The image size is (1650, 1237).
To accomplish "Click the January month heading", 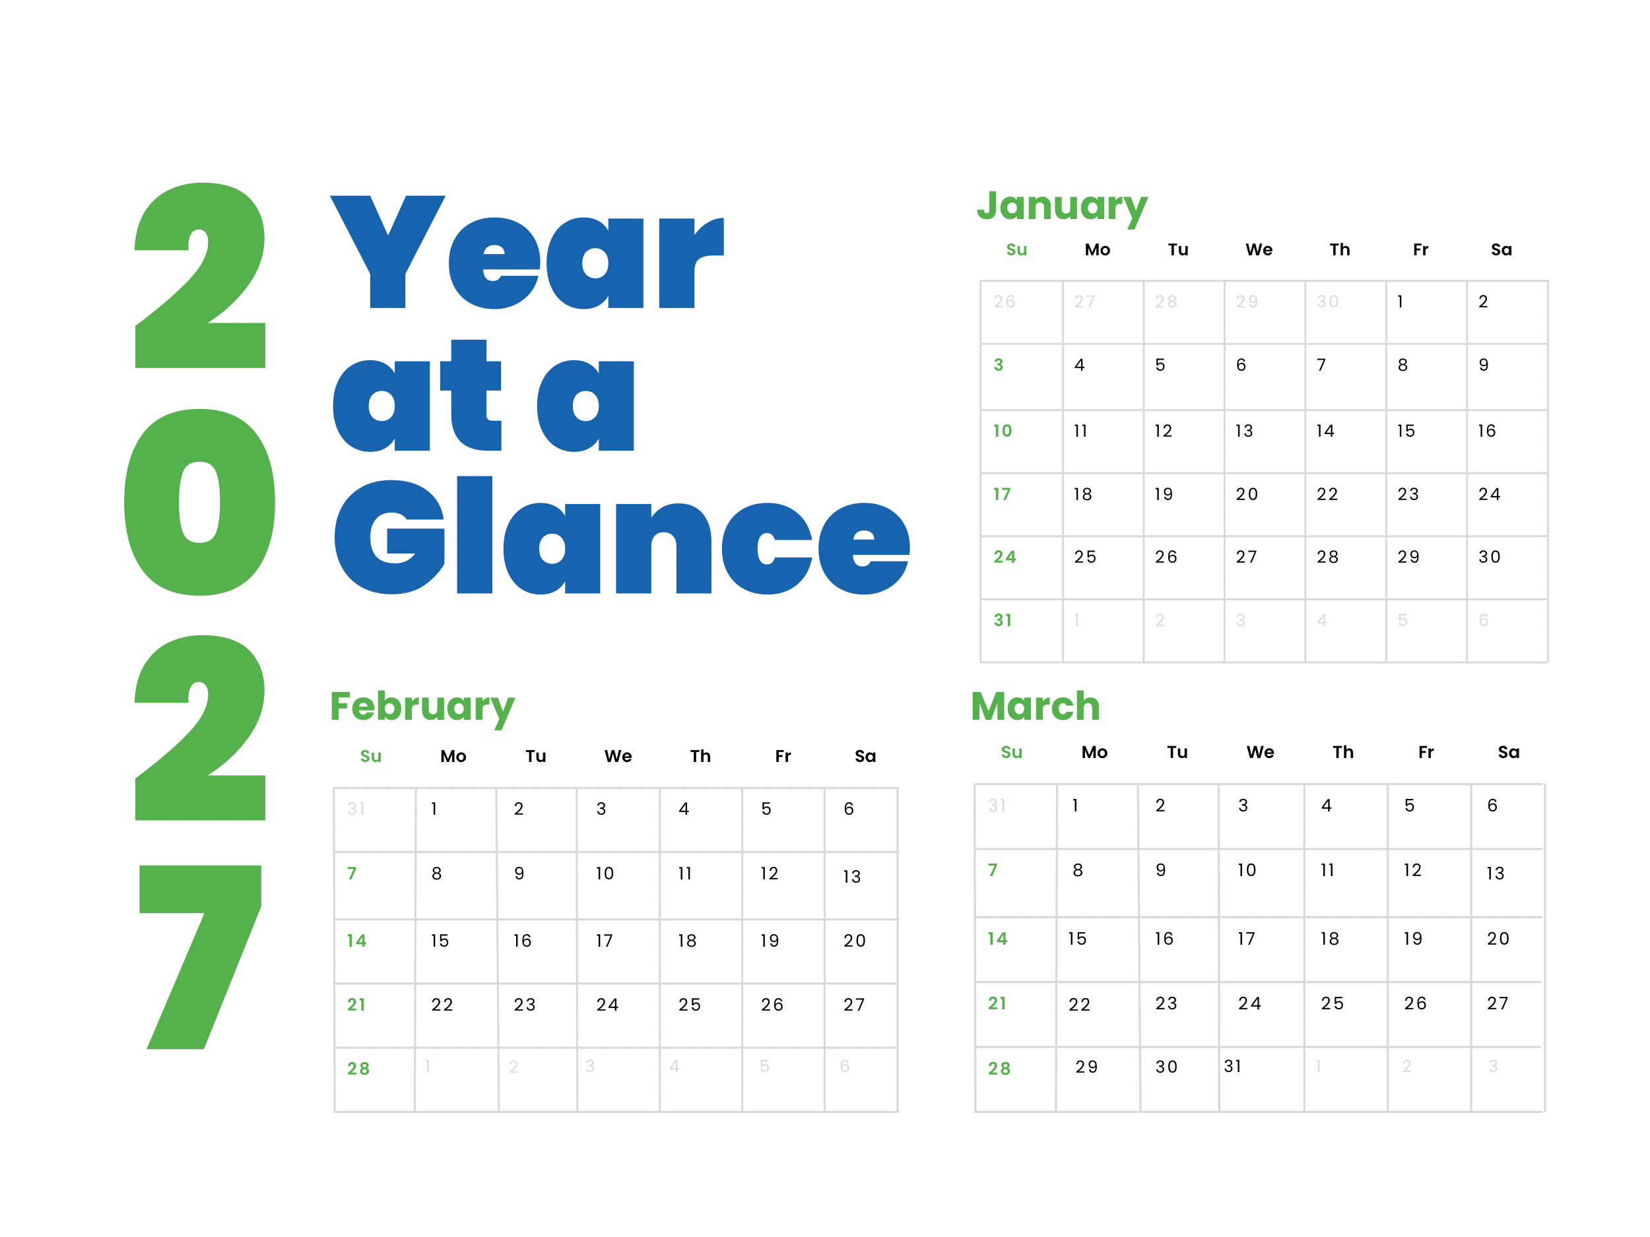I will (x=1061, y=206).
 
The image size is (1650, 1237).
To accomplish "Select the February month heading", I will (x=422, y=706).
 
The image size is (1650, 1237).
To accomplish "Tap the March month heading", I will (x=1036, y=706).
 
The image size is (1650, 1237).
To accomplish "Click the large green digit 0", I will (x=199, y=502).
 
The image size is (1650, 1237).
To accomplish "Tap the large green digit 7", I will (x=200, y=957).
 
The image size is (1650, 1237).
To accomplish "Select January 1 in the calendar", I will (x=1400, y=302).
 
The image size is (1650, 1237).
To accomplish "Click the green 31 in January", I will (x=1003, y=620).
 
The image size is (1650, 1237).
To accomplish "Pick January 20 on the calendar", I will (x=1247, y=494).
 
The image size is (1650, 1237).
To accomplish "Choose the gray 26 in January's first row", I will (x=1004, y=302).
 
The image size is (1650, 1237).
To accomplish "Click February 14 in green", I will (x=356, y=941).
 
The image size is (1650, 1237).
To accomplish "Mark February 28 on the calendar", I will (x=358, y=1069).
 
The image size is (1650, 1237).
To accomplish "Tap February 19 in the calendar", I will (x=769, y=941).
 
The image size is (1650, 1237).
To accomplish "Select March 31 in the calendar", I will (x=1232, y=1066).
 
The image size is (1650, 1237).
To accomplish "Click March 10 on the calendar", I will (x=1247, y=870).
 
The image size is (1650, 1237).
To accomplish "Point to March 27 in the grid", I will (x=1497, y=1003).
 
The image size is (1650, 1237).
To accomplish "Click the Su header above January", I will (x=1016, y=250).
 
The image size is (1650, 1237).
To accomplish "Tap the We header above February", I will (x=618, y=756).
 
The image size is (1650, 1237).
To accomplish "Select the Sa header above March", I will (x=1508, y=752).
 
